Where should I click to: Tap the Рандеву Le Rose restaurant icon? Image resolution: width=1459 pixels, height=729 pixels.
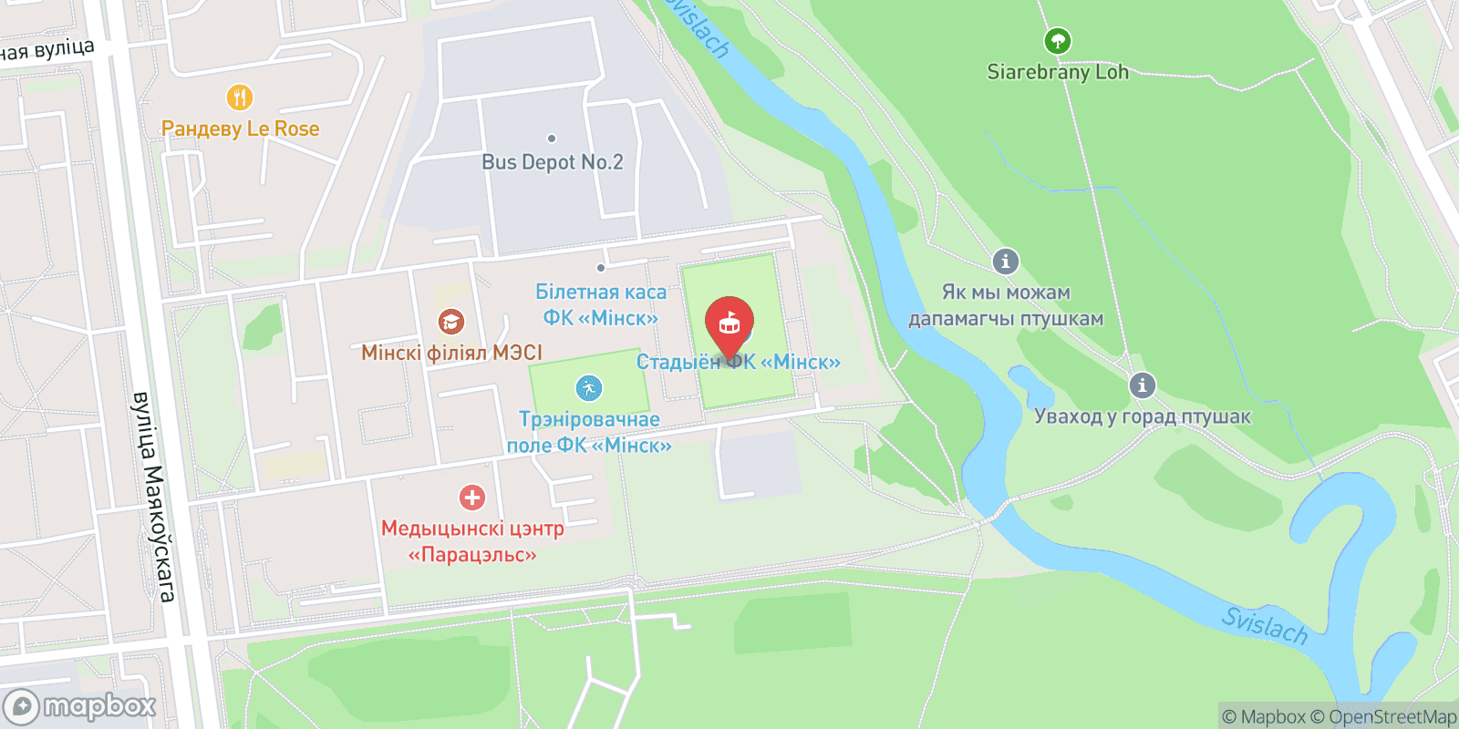point(239,97)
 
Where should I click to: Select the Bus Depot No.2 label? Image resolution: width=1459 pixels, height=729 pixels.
point(553,162)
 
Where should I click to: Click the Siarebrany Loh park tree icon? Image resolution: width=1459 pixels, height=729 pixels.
point(1057,41)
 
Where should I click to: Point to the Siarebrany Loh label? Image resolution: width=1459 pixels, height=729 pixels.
point(1058,72)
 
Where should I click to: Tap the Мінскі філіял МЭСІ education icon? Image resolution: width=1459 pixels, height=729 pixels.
point(450,322)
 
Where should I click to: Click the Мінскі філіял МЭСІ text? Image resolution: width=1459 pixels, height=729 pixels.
point(451,353)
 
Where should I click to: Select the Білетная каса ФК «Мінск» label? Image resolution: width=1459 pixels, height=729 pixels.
point(601,304)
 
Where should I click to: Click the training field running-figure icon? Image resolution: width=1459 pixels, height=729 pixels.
point(589,388)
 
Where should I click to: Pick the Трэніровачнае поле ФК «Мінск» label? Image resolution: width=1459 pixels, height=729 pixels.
point(589,432)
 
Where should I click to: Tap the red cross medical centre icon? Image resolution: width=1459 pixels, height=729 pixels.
point(471,498)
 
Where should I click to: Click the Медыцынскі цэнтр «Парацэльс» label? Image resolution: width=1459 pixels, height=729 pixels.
point(472,541)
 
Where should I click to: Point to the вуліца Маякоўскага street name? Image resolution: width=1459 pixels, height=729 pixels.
point(152,497)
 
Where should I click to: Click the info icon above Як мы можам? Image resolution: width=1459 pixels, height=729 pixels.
point(1005,262)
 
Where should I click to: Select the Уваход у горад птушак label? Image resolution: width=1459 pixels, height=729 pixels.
point(1142,416)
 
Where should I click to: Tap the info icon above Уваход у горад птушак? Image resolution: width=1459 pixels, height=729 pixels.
point(1142,385)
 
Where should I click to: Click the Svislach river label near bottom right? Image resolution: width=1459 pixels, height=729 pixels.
point(1265,625)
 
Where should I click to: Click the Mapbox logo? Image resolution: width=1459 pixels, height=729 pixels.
point(79,706)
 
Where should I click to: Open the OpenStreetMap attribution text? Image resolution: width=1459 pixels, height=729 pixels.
point(1392,717)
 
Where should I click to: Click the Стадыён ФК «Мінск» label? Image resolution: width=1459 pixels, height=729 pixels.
point(738,362)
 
